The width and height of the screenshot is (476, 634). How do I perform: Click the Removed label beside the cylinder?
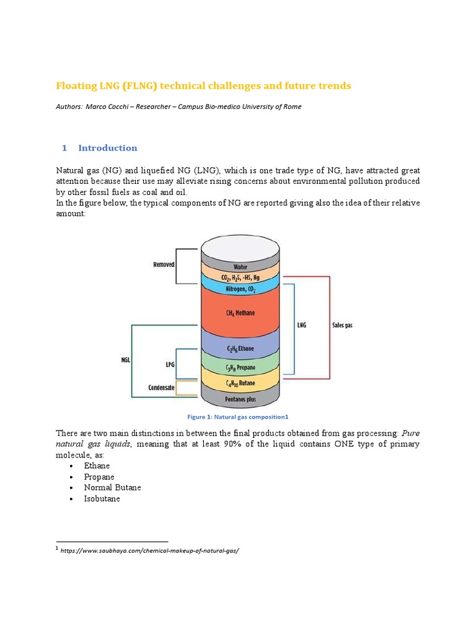click(x=164, y=264)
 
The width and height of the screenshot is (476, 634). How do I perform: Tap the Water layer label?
click(x=240, y=267)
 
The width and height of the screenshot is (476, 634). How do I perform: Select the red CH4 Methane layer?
click(x=240, y=313)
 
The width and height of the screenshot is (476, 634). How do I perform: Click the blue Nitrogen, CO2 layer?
click(x=240, y=289)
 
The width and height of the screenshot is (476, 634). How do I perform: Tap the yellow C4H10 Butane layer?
click(x=240, y=384)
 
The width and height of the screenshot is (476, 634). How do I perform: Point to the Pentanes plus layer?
click(x=240, y=399)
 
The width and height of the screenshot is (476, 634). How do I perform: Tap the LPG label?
click(x=169, y=365)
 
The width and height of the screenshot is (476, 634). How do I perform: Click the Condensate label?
click(x=161, y=388)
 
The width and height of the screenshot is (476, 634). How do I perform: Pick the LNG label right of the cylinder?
click(x=302, y=324)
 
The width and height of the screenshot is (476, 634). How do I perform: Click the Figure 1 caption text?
click(x=239, y=417)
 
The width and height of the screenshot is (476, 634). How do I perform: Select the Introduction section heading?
click(x=107, y=148)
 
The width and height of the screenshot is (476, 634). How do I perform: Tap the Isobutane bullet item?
click(x=102, y=498)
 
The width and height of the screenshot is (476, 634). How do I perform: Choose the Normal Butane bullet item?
click(x=112, y=487)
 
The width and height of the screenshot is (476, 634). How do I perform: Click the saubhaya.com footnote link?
click(x=149, y=550)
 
